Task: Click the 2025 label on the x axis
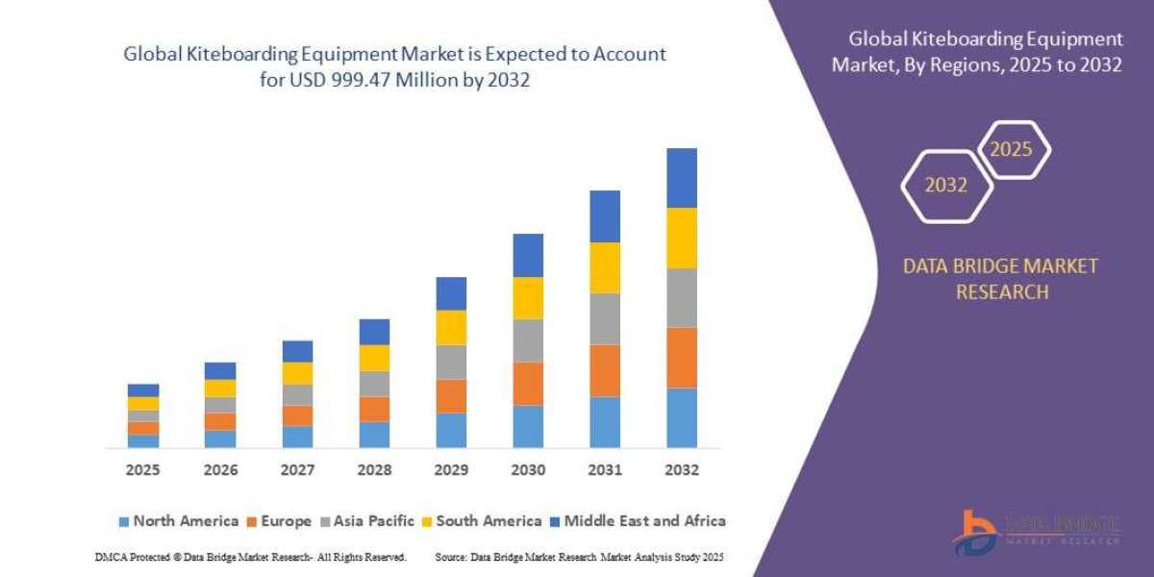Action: click(x=142, y=470)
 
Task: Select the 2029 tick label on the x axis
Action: click(x=451, y=470)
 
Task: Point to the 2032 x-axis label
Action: click(x=682, y=470)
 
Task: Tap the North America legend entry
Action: click(x=178, y=521)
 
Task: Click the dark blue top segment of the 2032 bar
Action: click(x=682, y=178)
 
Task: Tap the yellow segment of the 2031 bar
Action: click(x=605, y=267)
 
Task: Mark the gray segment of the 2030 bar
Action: click(x=528, y=340)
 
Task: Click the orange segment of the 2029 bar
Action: click(x=451, y=396)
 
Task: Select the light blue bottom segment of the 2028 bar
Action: click(x=374, y=435)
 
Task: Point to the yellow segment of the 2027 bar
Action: click(x=297, y=373)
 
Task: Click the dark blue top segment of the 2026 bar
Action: click(x=220, y=370)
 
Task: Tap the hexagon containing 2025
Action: click(x=1012, y=150)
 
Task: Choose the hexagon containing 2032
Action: click(x=945, y=185)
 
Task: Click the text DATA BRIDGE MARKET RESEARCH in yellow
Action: click(x=1000, y=279)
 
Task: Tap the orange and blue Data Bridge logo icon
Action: click(x=976, y=532)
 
